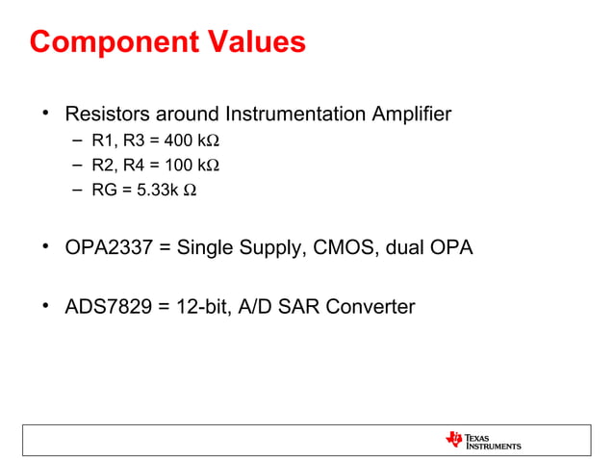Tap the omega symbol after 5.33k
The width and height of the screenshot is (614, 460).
coord(191,190)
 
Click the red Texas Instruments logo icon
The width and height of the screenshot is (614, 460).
coord(454,439)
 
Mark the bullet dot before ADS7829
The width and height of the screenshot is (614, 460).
coord(44,307)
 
